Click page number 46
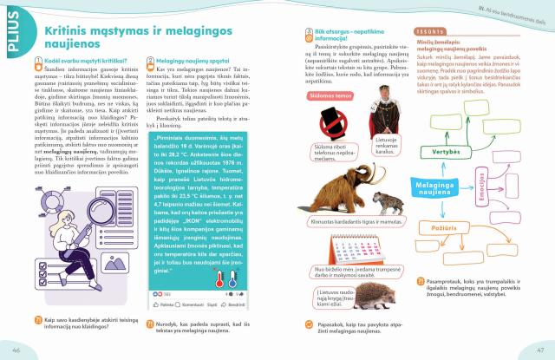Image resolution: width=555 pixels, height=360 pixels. pos(16,350)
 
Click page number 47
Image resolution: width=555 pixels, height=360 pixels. pos(539,350)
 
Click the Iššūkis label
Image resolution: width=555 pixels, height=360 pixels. pos(437,31)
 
